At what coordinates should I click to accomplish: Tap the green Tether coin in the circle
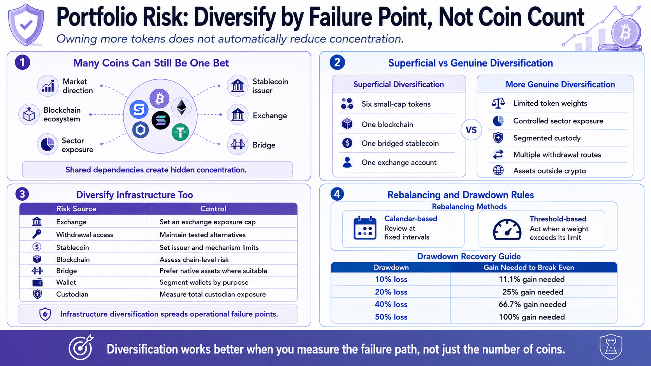180,132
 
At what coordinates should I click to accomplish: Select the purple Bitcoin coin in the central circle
159,99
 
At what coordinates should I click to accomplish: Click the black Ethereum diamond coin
182,107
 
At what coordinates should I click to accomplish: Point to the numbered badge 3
22,194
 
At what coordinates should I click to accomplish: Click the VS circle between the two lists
471,130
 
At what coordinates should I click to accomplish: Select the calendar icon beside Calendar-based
365,228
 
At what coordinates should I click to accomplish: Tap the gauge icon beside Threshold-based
507,229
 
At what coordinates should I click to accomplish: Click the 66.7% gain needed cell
532,304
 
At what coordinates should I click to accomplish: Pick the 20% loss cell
391,292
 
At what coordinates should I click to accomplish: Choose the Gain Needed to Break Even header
529,267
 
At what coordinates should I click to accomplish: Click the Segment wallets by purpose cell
204,282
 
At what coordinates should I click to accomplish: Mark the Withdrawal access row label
84,235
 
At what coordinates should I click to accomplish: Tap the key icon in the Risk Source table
37,234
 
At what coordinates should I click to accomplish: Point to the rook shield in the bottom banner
611,347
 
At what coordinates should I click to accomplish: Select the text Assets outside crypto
549,171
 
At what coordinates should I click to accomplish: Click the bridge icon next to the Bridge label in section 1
238,144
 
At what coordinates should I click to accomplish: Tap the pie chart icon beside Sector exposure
48,144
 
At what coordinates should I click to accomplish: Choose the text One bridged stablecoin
400,143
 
